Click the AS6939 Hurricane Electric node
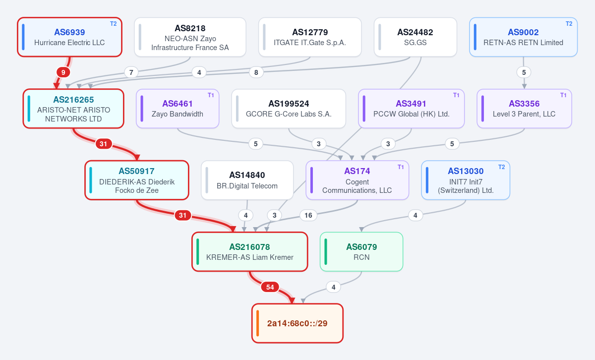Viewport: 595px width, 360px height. pyautogui.click(x=69, y=37)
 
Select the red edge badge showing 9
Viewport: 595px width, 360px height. pyautogui.click(x=63, y=72)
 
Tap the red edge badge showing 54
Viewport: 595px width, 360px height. pyautogui.click(x=270, y=287)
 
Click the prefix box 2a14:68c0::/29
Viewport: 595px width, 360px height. pyautogui.click(x=297, y=323)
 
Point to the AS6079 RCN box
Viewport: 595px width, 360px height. pyautogui.click(x=361, y=251)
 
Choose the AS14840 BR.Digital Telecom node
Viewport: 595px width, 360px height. pyautogui.click(x=247, y=180)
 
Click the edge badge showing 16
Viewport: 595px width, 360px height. pyautogui.click(x=308, y=215)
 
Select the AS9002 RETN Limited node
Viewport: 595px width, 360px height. pyautogui.click(x=523, y=37)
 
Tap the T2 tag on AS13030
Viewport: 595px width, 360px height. pyautogui.click(x=501, y=167)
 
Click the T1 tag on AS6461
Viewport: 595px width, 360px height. pyautogui.click(x=211, y=95)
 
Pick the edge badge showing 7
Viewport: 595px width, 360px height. pyautogui.click(x=131, y=72)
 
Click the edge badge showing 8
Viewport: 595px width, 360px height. pyautogui.click(x=256, y=72)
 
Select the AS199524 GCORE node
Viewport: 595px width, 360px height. pyautogui.click(x=289, y=109)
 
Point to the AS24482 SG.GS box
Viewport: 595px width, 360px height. pyautogui.click(x=416, y=37)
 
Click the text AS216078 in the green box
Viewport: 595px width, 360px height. pyautogui.click(x=250, y=247)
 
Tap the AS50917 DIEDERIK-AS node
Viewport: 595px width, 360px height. pyautogui.click(x=137, y=180)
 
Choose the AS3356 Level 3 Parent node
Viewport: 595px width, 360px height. pyautogui.click(x=525, y=109)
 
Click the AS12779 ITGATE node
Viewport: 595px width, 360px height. pyautogui.click(x=310, y=37)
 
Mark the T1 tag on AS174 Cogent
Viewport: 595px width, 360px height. pyautogui.click(x=401, y=167)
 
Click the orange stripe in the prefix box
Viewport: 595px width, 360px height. pyautogui.click(x=258, y=323)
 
